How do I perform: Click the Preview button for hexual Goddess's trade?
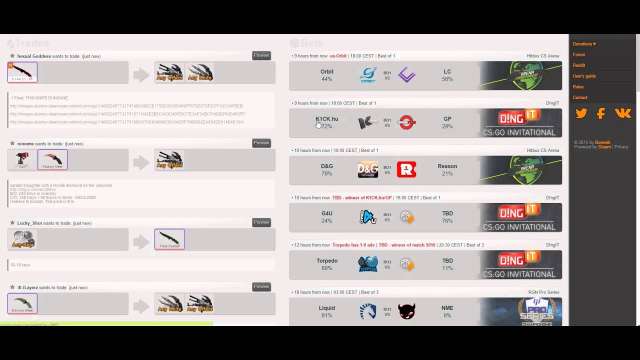261,55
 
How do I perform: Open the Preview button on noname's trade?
261,143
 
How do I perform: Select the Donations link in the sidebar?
584,44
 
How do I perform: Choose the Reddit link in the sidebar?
578,65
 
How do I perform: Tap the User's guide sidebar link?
584,76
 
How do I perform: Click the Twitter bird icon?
581,114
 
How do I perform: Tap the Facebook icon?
601,114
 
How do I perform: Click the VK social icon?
623,114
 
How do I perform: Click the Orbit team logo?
368,75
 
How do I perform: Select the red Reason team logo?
406,169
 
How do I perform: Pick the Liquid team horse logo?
368,311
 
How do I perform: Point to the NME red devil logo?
406,311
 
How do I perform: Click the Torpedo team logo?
368,264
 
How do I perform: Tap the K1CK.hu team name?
326,119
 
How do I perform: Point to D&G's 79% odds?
326,173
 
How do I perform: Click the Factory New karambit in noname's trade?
52,160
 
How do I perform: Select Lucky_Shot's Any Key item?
22,239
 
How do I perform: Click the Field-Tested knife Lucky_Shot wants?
169,239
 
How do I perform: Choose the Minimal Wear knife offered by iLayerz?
22,303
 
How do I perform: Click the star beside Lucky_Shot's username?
12,223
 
